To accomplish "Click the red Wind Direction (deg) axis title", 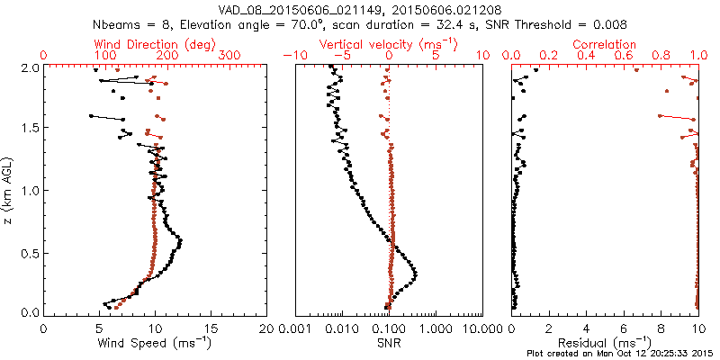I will [155, 44].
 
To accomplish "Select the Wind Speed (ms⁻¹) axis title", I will [155, 342].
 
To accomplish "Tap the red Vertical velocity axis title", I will [389, 44].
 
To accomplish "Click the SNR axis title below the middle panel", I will [389, 342].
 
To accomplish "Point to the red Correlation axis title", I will [605, 44].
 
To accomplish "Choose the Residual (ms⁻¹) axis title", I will [605, 342].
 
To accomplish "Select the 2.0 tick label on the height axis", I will [28, 67].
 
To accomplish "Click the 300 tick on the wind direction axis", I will [229, 56].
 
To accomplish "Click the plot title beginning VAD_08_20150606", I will [360, 8].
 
